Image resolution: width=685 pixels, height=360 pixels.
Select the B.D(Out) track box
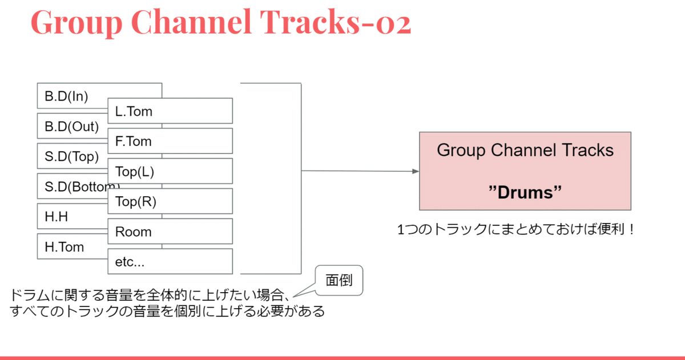(72, 126)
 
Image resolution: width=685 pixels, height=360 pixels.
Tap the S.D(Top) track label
(72, 156)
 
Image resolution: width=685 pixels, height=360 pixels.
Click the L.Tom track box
(170, 111)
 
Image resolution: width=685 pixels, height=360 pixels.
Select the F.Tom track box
(170, 141)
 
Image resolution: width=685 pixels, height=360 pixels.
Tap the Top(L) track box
(170, 171)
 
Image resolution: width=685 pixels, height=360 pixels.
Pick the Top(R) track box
(170, 201)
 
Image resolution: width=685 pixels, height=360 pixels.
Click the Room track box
(170, 232)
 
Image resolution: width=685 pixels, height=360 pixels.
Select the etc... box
(170, 261)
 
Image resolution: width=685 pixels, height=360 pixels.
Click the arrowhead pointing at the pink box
(416, 171)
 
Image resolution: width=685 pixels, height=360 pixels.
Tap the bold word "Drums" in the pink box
(525, 193)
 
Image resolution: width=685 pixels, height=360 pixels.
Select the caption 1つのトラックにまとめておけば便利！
(517, 230)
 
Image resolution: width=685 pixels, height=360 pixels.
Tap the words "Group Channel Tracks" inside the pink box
(525, 150)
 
